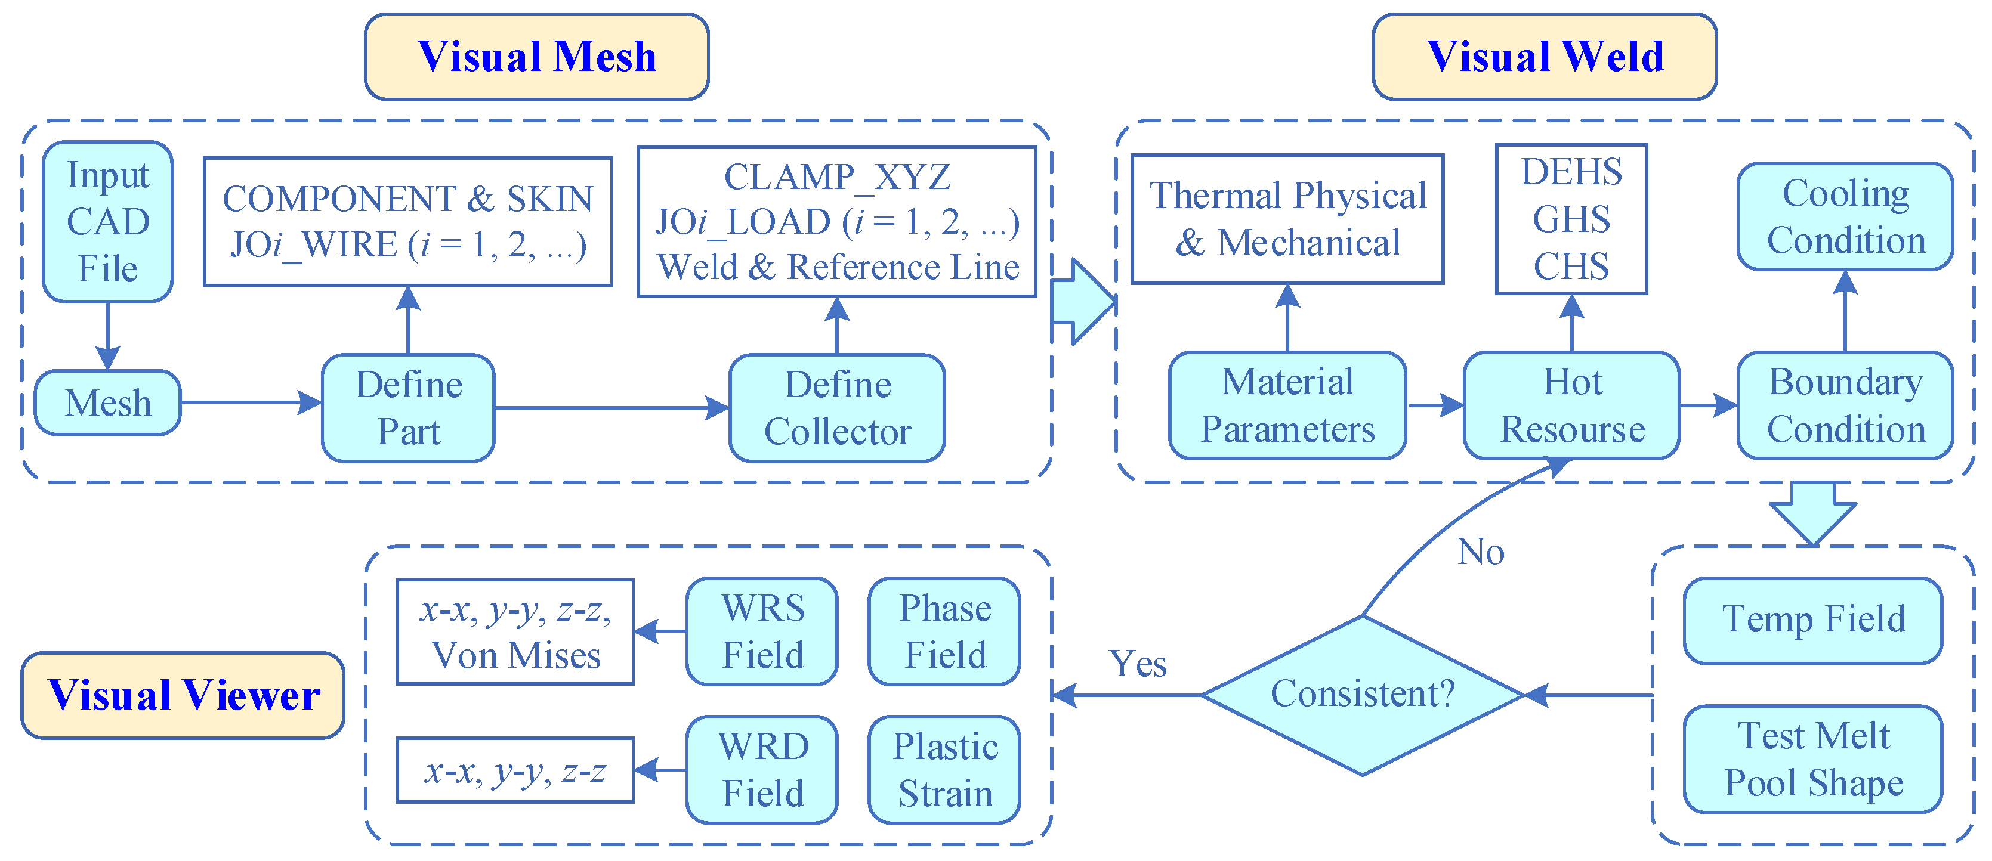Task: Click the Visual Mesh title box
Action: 537,57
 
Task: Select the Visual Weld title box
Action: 1545,57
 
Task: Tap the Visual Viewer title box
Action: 183,695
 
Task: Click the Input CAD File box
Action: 107,222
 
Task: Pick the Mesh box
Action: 107,402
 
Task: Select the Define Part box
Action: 408,408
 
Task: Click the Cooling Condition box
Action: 1845,216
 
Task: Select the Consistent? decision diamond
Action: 1363,694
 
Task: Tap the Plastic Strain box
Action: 944,770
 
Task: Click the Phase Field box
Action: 944,631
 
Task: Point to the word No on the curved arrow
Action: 1480,552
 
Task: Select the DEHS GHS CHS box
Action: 1571,219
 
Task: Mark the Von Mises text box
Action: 515,631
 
